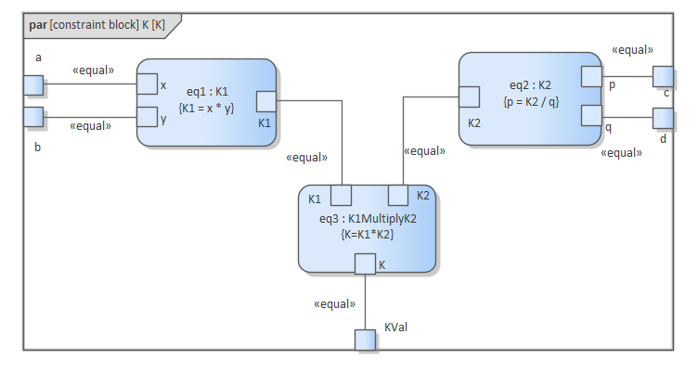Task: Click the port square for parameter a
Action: click(x=33, y=85)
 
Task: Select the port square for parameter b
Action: click(x=33, y=117)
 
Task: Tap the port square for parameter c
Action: click(x=663, y=76)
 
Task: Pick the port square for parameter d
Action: click(x=663, y=118)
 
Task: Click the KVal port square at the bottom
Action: click(x=366, y=340)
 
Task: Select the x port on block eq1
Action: click(x=147, y=84)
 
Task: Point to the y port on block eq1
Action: click(x=147, y=117)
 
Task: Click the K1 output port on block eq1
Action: click(x=265, y=101)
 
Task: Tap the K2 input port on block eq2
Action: click(x=469, y=96)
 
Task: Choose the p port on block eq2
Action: click(x=591, y=76)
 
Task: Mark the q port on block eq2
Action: click(x=591, y=116)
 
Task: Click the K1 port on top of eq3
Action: click(x=341, y=195)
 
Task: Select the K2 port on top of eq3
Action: click(x=398, y=195)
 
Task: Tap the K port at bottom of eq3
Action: click(x=365, y=265)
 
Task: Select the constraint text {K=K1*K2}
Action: click(x=368, y=234)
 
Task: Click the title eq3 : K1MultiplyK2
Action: click(x=368, y=219)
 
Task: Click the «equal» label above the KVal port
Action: click(x=334, y=303)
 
